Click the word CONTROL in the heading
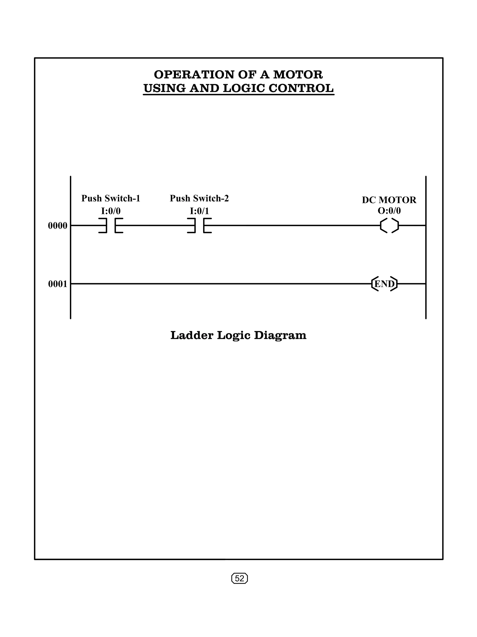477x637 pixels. point(301,88)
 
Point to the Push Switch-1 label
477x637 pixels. point(111,198)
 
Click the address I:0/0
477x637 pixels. point(111,211)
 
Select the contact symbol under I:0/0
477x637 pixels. point(111,225)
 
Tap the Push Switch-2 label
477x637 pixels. point(199,198)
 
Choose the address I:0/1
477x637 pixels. point(199,211)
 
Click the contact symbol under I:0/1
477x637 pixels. point(199,225)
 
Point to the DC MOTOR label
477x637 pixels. point(389,200)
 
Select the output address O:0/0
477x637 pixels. point(389,211)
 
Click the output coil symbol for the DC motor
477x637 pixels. point(389,225)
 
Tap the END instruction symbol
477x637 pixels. point(384,284)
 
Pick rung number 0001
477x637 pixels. point(58,284)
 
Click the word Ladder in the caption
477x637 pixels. point(192,335)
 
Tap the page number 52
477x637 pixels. point(239,578)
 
